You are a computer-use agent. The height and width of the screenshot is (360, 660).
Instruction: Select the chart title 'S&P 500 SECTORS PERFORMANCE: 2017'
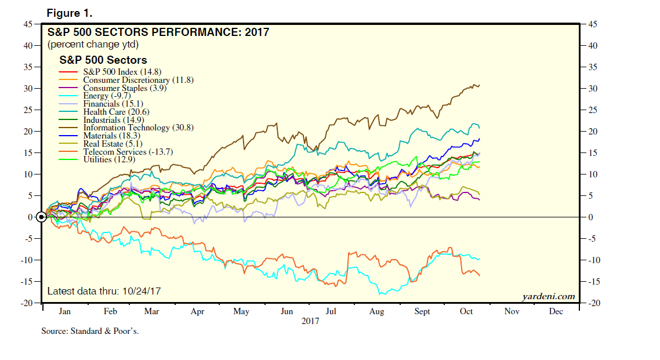point(158,32)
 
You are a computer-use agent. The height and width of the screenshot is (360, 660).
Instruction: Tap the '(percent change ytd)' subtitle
point(93,44)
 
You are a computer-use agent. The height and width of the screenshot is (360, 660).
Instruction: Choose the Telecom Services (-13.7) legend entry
point(128,152)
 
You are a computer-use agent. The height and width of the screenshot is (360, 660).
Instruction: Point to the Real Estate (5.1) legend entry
point(113,144)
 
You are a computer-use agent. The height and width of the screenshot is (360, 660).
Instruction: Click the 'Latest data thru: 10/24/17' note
point(104,291)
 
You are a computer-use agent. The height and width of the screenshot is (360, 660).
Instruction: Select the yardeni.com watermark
point(548,297)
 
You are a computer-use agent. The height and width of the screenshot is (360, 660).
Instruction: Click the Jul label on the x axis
point(331,312)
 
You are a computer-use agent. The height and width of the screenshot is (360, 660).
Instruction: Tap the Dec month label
point(556,312)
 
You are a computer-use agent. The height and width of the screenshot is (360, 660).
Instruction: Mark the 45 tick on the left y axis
point(28,24)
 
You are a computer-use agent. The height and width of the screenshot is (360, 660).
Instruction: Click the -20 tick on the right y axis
point(594,303)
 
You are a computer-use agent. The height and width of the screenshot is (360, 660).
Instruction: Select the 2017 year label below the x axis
point(311,321)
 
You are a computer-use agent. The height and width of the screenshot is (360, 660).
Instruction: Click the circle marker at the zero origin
point(41,217)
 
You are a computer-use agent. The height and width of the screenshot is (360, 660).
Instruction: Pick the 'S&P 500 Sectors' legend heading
point(103,60)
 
